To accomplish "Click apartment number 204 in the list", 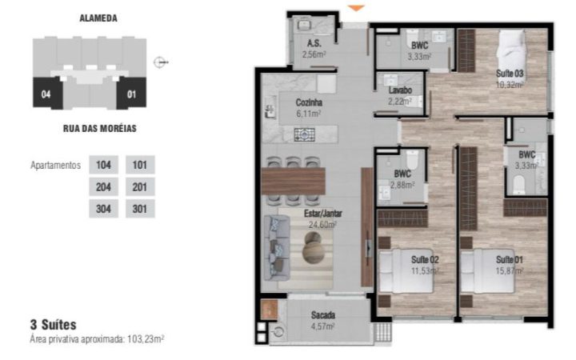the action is tap(103, 187).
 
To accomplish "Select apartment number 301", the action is tap(140, 209).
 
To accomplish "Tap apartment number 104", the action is tap(103, 165).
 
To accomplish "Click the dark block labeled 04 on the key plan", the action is tap(47, 94).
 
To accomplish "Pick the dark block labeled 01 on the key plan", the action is tap(131, 94).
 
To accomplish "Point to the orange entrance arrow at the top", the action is tap(356, 8).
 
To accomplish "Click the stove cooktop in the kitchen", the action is tap(305, 134).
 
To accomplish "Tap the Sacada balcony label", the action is tap(323, 315).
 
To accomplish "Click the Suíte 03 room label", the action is tap(510, 73).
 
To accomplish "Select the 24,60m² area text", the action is tap(322, 225).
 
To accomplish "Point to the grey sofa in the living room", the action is tap(277, 248).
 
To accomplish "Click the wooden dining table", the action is tap(293, 181).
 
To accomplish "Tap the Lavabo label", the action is tap(401, 90).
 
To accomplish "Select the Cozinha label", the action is tap(309, 102).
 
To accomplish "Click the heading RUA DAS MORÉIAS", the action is tap(100, 129).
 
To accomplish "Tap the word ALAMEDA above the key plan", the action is tap(98, 18).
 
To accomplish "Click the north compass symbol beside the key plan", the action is tap(161, 62).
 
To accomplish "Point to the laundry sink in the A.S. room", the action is tap(304, 25).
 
